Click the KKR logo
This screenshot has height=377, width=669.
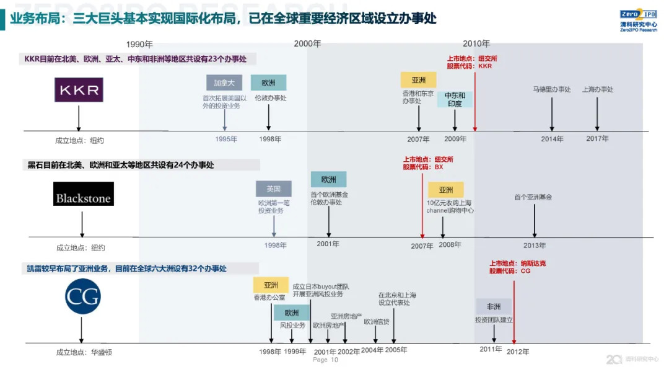coord(78,90)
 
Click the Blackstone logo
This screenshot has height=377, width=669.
coord(83,194)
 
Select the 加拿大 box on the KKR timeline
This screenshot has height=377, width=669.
coord(224,83)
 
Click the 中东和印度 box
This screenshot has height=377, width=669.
coord(455,99)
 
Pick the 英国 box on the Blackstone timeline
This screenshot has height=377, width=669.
coord(273,189)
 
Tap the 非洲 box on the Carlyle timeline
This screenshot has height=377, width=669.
coord(494,306)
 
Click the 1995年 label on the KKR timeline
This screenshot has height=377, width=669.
coord(226,139)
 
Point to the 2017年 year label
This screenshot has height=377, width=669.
coord(597,139)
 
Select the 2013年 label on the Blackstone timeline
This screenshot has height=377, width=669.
coord(534,246)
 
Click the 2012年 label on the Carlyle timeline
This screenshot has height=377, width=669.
coord(518,352)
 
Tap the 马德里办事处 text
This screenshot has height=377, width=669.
coord(551,89)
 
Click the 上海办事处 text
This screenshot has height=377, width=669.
coord(597,89)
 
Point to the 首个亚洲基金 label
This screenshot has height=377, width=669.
coord(533,197)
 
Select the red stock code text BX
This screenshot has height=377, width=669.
coord(439,167)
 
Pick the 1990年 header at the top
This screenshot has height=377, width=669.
coord(139,44)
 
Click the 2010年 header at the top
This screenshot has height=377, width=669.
coord(476,43)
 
